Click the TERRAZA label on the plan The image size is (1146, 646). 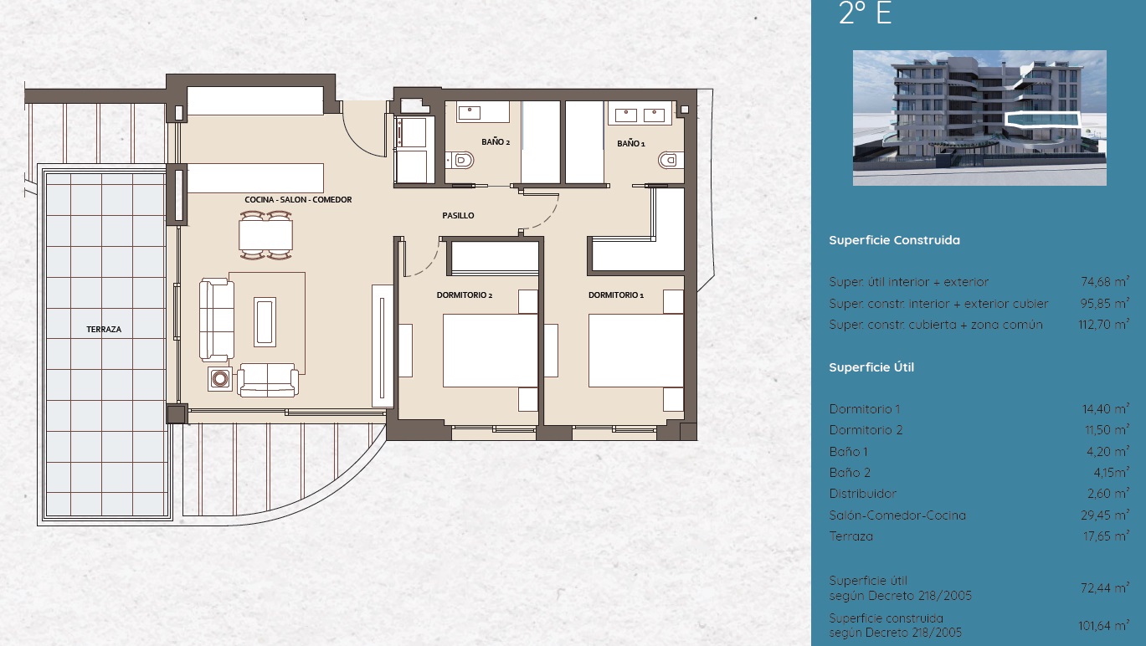(104, 330)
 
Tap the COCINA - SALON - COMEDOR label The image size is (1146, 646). (298, 200)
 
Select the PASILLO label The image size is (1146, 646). (458, 216)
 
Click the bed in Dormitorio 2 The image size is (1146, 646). (489, 351)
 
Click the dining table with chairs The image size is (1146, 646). (266, 235)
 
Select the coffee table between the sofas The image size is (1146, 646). (265, 321)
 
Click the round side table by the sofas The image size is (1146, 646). (220, 379)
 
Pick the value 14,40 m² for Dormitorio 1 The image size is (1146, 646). (1105, 409)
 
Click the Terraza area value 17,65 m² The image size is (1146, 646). (1105, 536)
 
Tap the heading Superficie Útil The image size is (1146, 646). (871, 367)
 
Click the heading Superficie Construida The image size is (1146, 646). (894, 240)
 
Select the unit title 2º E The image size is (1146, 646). (865, 14)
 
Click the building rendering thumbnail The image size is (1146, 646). (979, 117)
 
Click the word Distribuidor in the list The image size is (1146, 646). (862, 494)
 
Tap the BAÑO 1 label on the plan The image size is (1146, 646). (631, 144)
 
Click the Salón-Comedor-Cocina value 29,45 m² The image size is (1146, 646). (1105, 515)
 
